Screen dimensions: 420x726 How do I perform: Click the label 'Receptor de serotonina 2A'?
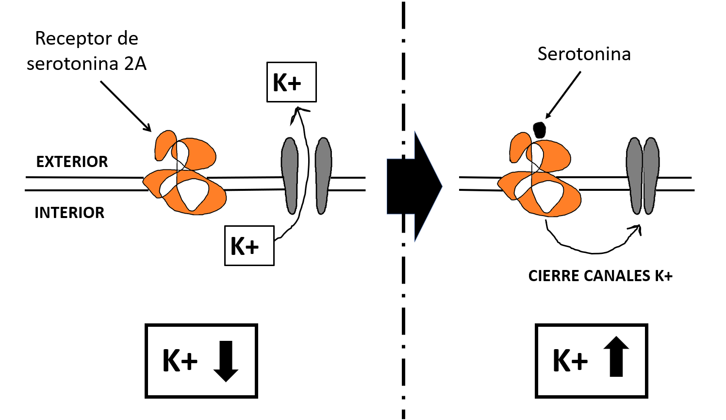point(86,51)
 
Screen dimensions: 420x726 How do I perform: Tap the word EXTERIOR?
point(72,162)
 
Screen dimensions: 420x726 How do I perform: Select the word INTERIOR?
point(69,213)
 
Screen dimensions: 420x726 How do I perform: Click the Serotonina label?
point(584,54)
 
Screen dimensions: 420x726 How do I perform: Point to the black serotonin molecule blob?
point(539,130)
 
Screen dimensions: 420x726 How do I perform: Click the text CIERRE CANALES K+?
point(600,276)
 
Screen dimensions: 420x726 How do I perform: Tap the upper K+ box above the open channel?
point(291,82)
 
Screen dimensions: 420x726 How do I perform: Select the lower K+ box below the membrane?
point(249,246)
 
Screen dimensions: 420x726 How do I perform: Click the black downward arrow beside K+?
point(226,361)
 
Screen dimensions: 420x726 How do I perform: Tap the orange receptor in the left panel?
point(184,175)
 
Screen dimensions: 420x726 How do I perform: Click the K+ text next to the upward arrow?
point(570,361)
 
